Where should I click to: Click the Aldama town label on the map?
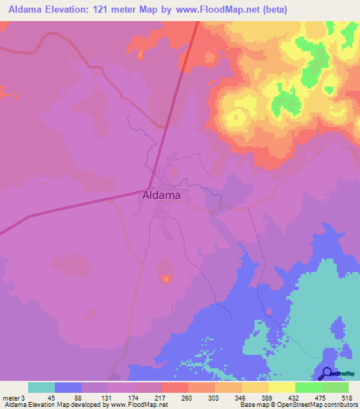pyautogui.click(x=161, y=195)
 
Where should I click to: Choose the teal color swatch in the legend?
pyautogui.click(x=41, y=387)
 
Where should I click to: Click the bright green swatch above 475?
pyautogui.click(x=309, y=387)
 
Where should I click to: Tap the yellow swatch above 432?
pyautogui.click(x=282, y=387)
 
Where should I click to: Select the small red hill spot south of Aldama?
pyautogui.click(x=166, y=279)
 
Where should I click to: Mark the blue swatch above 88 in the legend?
pyautogui.click(x=68, y=387)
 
